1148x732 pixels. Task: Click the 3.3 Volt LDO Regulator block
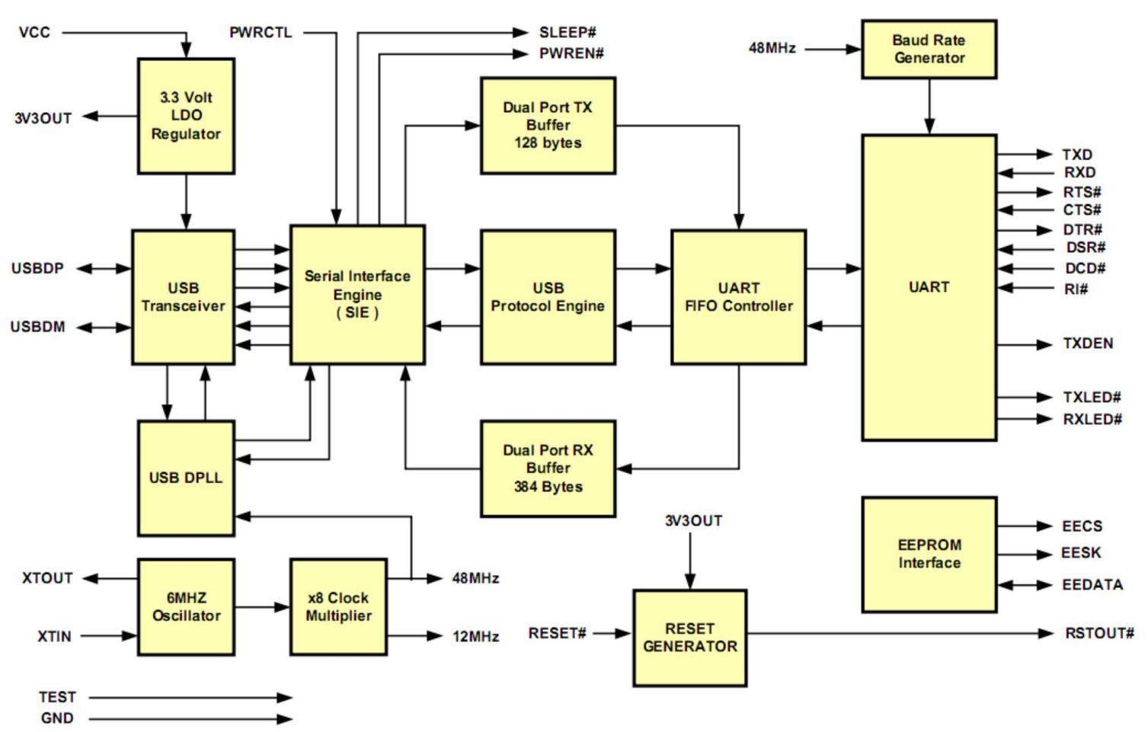[186, 116]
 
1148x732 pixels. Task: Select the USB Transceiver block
[183, 297]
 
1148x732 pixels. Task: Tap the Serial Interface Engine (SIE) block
[357, 294]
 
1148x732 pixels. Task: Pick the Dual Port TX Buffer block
[548, 125]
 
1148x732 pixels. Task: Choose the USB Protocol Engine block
[548, 297]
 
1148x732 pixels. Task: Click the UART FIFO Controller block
[738, 297]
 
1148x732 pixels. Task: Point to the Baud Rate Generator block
[929, 49]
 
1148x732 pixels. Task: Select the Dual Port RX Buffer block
[548, 468]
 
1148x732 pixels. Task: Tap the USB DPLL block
[186, 478]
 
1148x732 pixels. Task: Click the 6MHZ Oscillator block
[186, 606]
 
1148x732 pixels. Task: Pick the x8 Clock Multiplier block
[338, 606]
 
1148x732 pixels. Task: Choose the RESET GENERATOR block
[689, 638]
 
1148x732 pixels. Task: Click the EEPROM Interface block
[929, 554]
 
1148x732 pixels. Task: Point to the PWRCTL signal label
[261, 33]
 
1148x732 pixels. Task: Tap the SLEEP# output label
[568, 33]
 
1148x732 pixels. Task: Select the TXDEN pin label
[1088, 344]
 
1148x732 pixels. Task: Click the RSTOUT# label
[1099, 633]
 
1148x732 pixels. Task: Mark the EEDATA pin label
[1092, 585]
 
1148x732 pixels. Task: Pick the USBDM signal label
[37, 327]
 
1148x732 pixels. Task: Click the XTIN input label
[54, 636]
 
